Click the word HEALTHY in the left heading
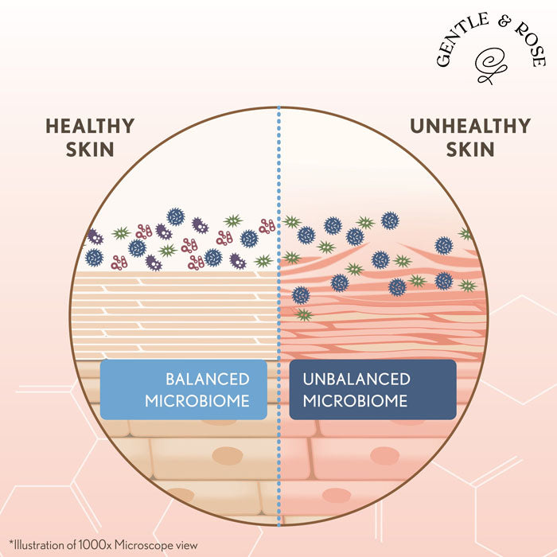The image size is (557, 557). pos(90,126)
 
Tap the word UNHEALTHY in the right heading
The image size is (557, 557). pos(470,126)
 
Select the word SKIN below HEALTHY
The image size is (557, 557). pos(90,150)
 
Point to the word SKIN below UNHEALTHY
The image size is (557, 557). pos(470,150)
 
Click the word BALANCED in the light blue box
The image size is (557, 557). pos(208,380)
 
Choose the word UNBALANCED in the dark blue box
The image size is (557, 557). pos(356,380)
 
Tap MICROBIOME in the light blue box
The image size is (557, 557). pos(197,401)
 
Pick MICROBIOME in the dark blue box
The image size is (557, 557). pos(355,401)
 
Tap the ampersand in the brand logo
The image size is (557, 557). pos(504,22)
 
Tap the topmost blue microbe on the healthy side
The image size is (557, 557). pos(176,216)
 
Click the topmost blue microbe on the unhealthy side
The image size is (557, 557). pos(390,220)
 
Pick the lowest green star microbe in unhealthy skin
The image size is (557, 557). pos(304,314)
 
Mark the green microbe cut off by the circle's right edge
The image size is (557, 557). pos(465,234)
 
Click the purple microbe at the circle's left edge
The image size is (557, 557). pos(95,237)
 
